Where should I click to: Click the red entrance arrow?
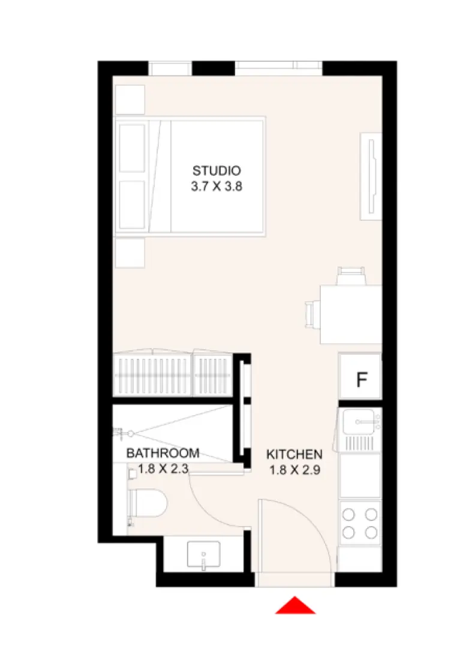(295, 606)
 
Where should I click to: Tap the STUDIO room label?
(217, 170)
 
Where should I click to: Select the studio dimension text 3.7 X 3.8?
(217, 187)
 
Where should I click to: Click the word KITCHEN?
(294, 454)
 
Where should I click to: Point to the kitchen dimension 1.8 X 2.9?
(294, 470)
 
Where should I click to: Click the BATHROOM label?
(162, 453)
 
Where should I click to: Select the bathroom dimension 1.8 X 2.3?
(163, 469)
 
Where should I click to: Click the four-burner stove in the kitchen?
(360, 522)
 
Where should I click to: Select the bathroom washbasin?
(204, 554)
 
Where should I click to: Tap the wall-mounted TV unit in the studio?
(370, 176)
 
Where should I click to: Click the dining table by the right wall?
(350, 314)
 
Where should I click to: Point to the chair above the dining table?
(351, 275)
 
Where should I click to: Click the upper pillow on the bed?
(132, 148)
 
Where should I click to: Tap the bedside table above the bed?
(130, 99)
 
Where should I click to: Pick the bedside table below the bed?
(130, 253)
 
